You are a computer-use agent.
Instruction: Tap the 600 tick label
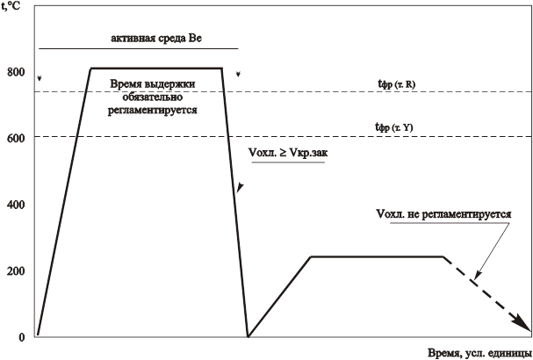point(14,138)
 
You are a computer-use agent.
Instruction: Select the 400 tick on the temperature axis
point(14,205)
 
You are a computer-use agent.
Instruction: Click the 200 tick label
point(14,270)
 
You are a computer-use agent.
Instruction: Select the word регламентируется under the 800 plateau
point(155,112)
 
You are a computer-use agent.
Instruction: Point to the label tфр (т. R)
point(396,83)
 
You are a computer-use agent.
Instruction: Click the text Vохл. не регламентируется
point(443,213)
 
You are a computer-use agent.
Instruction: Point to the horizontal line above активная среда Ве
point(138,48)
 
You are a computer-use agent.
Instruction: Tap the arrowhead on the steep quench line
point(239,188)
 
